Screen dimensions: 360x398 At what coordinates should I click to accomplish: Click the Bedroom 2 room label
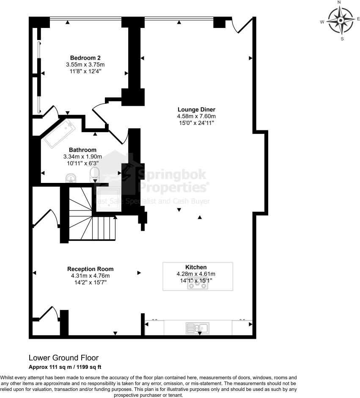click(85, 58)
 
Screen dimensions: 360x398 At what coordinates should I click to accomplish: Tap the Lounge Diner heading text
click(196, 109)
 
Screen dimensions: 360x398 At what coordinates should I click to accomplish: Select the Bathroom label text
click(82, 150)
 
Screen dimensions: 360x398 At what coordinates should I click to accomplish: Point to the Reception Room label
click(90, 269)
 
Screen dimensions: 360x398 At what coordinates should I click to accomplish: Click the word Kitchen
click(196, 267)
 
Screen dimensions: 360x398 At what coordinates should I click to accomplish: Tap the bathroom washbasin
click(71, 178)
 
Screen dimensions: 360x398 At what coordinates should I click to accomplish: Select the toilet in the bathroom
click(95, 174)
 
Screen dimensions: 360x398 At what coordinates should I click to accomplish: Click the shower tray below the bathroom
click(109, 199)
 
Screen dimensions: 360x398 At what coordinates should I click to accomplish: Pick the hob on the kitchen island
click(198, 285)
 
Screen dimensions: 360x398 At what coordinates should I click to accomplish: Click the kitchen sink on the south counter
click(198, 328)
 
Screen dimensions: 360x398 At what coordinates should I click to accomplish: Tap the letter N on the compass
click(339, 2)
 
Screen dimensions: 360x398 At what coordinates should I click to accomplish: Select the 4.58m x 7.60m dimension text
click(196, 116)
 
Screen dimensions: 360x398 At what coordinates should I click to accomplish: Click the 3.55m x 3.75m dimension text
click(85, 64)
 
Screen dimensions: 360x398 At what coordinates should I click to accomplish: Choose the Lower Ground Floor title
click(63, 358)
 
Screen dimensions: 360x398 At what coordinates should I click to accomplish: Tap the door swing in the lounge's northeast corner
click(242, 26)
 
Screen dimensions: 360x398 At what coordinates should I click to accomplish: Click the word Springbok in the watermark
click(172, 175)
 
